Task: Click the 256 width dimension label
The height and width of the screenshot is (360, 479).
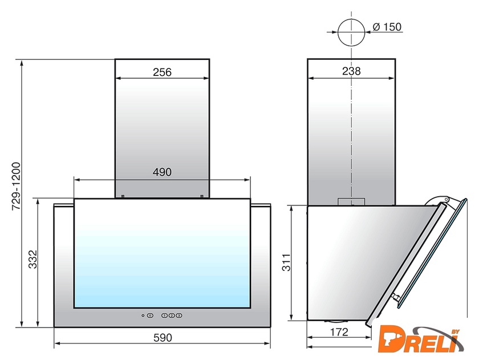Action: coord(162,72)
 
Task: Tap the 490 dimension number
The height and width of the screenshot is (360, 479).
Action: coord(162,172)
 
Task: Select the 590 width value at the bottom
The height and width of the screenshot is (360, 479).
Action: coord(163,338)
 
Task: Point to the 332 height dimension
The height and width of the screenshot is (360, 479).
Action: coord(33,260)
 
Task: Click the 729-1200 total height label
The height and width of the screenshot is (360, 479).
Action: coord(16,186)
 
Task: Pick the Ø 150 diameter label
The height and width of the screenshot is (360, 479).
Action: coord(387,27)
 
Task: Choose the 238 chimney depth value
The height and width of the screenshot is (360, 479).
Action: coord(351,71)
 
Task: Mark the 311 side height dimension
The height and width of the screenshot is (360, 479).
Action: coord(286,262)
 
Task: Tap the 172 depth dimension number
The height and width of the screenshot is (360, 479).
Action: coord(339,331)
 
